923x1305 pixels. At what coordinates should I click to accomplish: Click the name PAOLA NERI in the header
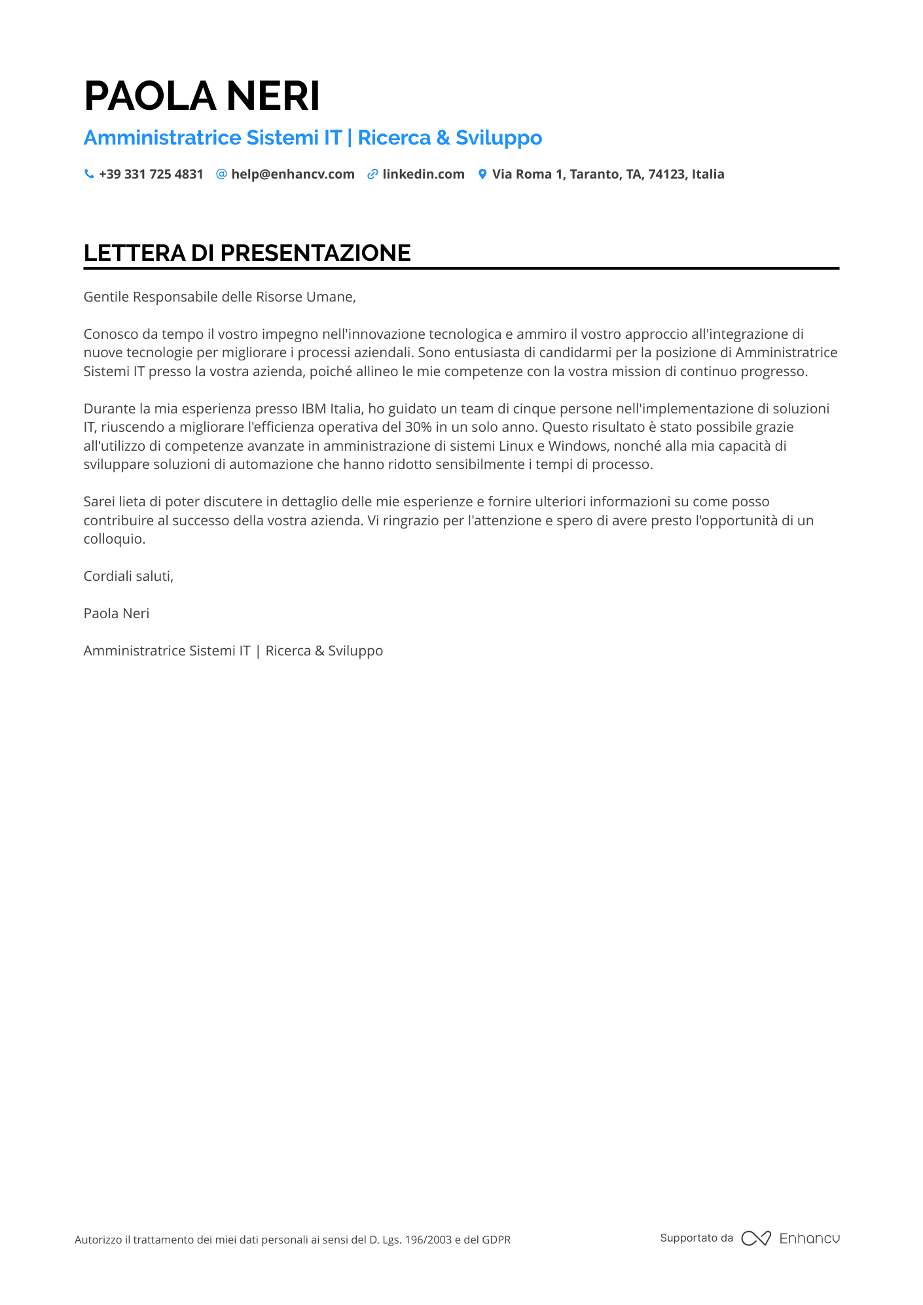pos(202,96)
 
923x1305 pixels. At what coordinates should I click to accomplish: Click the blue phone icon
pos(89,174)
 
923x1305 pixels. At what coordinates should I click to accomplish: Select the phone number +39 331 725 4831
pos(151,174)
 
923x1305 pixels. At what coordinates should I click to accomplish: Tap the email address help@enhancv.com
pos(293,174)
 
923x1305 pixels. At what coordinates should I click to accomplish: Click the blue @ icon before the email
pos(221,174)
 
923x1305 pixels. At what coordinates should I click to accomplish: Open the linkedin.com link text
pos(424,174)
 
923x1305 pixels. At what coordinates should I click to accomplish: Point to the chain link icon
pos(372,174)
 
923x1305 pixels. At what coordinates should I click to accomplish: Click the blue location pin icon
pos(482,174)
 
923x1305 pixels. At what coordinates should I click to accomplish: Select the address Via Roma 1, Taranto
pos(608,174)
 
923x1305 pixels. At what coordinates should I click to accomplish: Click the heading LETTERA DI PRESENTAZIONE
pos(247,253)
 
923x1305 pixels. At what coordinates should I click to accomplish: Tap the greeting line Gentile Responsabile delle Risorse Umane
pos(219,297)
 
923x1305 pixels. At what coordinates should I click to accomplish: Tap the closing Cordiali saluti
pos(128,576)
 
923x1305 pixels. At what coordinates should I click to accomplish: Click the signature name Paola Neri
pos(117,614)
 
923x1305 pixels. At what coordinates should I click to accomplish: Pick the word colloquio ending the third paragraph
pos(114,539)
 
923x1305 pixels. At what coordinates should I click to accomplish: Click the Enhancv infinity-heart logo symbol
pos(755,1238)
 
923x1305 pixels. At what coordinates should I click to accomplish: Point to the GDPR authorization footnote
pos(293,1240)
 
